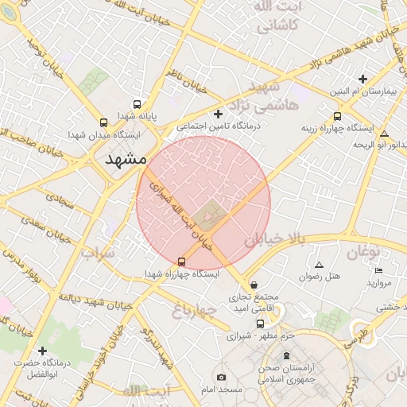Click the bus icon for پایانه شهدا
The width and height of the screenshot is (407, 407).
137,104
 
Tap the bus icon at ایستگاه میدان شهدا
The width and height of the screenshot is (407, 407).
103,123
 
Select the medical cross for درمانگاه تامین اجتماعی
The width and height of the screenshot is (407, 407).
219,114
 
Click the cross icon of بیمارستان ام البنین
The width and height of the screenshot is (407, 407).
362,79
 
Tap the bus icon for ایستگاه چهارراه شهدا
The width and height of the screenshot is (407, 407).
181,262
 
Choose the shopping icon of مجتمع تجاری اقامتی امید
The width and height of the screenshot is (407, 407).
254,285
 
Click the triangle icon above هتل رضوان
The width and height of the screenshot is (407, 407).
320,265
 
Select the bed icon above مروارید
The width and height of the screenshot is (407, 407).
378,271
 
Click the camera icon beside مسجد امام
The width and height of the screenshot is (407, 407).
221,377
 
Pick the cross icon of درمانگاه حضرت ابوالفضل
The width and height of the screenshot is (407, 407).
42,351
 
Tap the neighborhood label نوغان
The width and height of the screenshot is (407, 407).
364,252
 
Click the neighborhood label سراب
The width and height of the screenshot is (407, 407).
98,254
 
